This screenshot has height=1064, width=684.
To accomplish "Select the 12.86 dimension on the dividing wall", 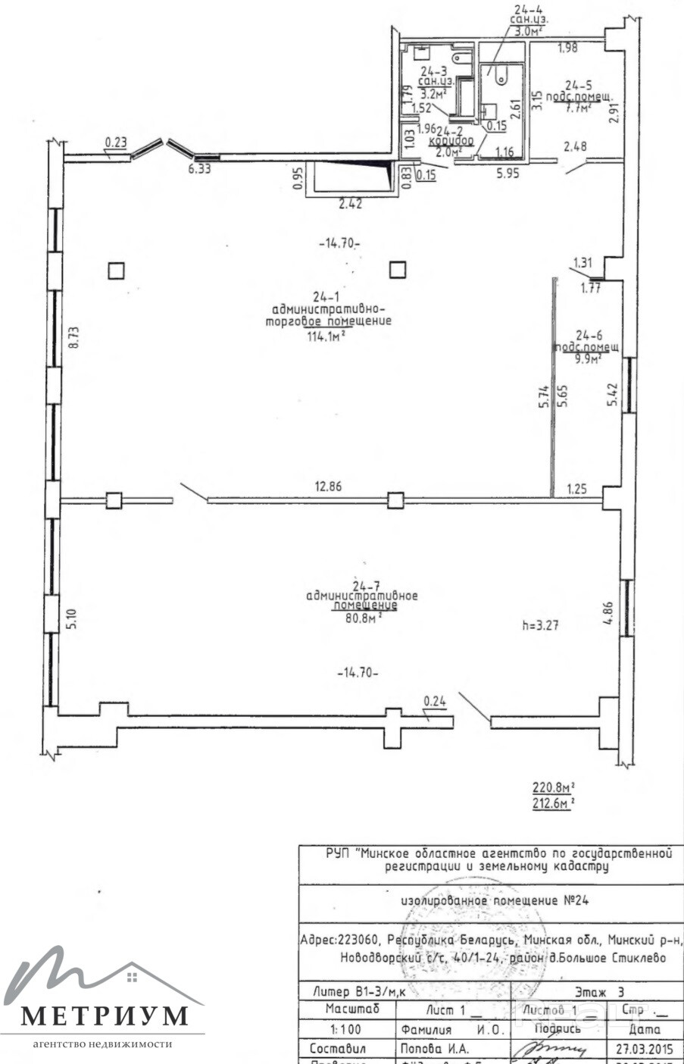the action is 327,487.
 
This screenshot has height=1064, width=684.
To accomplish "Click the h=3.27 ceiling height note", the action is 544,626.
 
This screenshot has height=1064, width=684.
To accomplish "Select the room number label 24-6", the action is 588,334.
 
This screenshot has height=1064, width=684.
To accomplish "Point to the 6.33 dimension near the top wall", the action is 199,170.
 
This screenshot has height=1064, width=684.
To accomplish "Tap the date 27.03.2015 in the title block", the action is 636,1050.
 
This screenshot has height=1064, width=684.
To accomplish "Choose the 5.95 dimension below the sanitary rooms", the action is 508,173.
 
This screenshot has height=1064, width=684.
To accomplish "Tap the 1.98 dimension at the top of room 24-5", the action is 567,49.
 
